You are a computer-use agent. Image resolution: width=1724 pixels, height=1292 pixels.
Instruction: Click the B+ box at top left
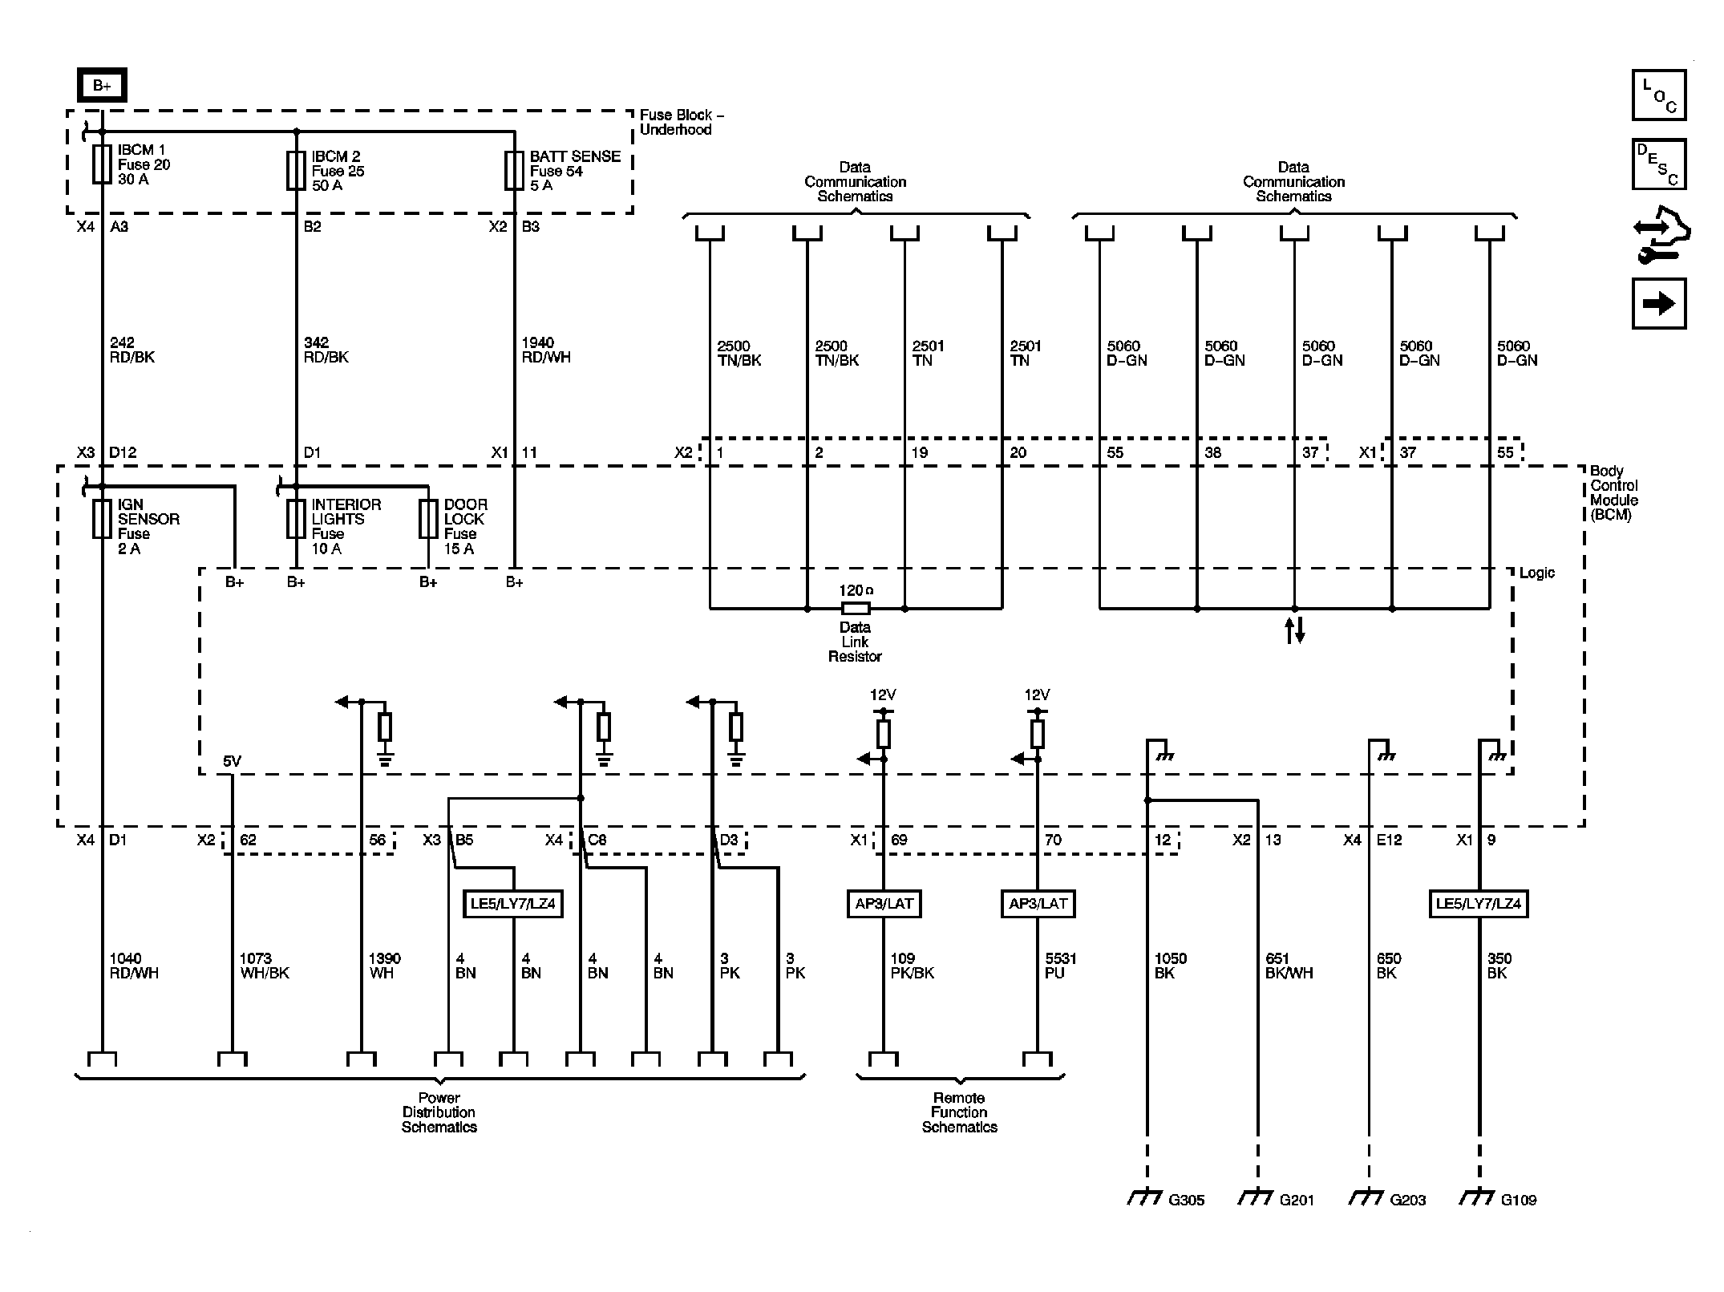[102, 86]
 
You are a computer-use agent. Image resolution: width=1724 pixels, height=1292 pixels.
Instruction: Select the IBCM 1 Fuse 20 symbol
[102, 164]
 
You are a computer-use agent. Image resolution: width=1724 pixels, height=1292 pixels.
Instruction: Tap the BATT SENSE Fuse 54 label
[574, 171]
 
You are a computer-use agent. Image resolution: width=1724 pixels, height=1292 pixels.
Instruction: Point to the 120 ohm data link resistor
[855, 608]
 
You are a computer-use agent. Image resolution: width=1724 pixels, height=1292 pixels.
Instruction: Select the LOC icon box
[1658, 95]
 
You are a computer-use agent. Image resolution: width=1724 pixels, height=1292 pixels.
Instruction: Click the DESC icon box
[1658, 164]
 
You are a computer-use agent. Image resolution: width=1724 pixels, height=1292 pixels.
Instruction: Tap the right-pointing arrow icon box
[1658, 304]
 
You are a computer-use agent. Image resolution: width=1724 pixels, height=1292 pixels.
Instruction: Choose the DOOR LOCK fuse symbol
[428, 519]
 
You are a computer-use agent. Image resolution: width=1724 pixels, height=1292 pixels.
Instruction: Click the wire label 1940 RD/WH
[545, 350]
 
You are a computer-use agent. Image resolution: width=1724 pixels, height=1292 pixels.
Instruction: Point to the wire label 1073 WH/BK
[264, 966]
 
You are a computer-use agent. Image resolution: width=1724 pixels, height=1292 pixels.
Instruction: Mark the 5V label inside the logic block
[232, 761]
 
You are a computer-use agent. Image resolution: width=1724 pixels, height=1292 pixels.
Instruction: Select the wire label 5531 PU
[1061, 966]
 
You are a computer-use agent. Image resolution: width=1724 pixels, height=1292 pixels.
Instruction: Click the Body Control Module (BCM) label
[1613, 493]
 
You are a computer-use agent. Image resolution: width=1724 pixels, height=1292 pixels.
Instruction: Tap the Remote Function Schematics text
[959, 1112]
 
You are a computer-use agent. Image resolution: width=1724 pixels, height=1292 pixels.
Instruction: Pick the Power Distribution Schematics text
[439, 1112]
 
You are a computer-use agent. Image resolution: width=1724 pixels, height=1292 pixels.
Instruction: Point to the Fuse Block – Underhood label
[681, 123]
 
